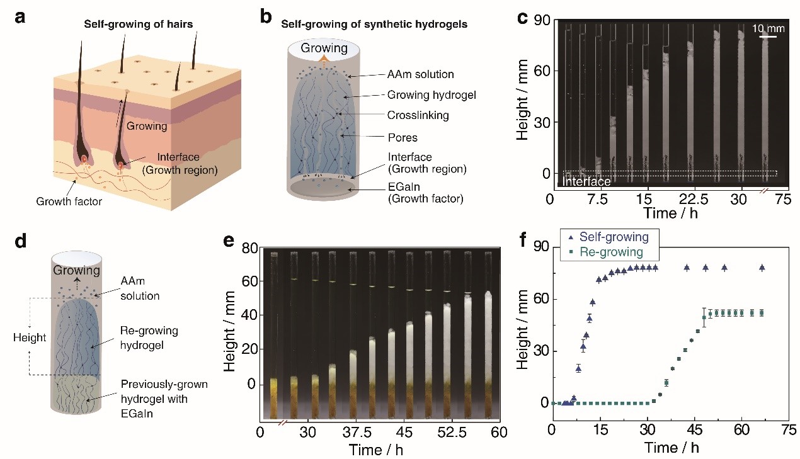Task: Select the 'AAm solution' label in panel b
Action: click(x=421, y=74)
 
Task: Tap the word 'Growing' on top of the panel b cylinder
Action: click(x=323, y=48)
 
